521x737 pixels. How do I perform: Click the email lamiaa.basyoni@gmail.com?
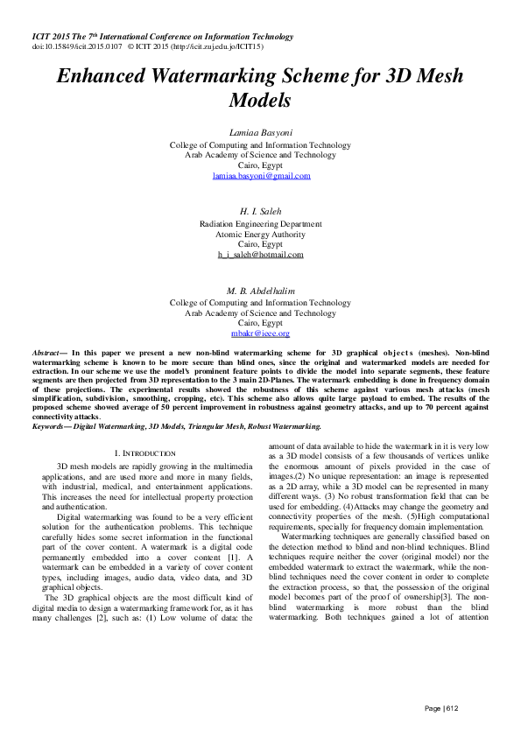coord(261,176)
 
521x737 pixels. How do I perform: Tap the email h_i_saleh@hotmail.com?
coord(261,255)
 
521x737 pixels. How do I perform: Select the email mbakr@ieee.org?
coord(261,333)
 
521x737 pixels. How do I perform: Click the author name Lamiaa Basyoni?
coord(261,131)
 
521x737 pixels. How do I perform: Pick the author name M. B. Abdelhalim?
coord(261,290)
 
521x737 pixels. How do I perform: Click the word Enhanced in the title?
coord(102,76)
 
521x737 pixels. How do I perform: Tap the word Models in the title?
coord(261,100)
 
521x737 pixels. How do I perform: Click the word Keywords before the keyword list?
coord(50,426)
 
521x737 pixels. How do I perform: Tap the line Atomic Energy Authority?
coord(261,234)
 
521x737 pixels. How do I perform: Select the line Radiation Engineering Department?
coord(261,223)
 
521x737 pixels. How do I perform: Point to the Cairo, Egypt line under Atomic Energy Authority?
coord(261,244)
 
